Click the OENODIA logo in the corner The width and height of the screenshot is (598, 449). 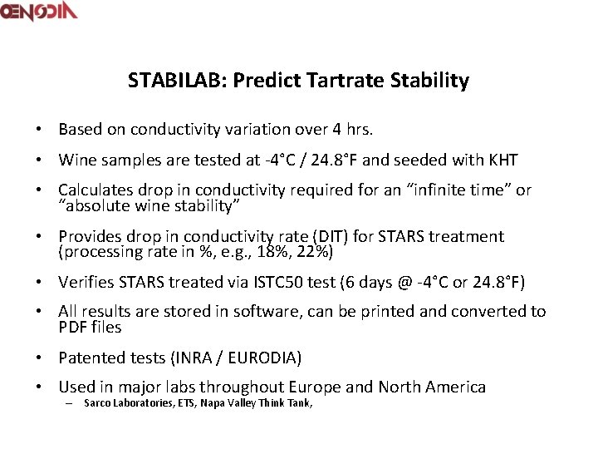[x=39, y=12]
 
